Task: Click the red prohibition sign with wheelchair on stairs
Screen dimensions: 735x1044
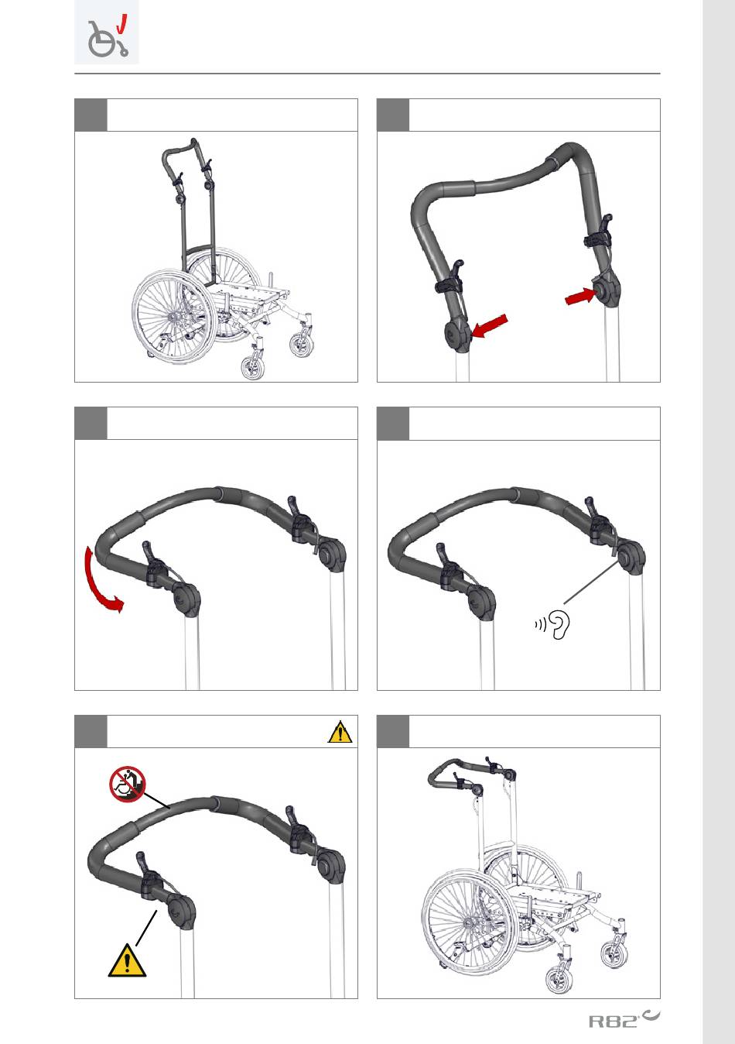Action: (128, 784)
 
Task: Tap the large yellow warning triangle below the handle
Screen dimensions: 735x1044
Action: (127, 961)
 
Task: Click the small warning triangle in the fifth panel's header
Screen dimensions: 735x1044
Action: (340, 732)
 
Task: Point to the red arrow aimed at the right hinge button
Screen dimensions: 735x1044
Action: (580, 296)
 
